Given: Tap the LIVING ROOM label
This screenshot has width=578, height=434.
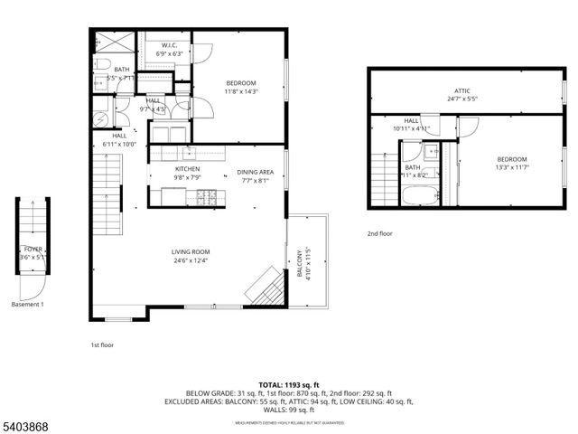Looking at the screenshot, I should coord(191,252).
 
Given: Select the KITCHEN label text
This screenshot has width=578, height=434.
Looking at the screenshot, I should coord(187,169).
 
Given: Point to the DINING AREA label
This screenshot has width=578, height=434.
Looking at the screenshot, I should coord(256,171).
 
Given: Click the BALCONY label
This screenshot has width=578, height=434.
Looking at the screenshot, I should coord(301,261).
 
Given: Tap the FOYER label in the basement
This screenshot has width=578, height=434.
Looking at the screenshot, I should coord(33,249).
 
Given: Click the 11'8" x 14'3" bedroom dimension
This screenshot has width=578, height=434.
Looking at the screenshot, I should coord(240,91).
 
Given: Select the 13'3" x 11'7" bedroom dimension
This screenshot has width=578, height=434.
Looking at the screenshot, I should coord(510,166).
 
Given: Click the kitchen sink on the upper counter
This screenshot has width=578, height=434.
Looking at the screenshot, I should coord(189,151).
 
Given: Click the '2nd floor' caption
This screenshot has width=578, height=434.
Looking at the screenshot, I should coord(379,233).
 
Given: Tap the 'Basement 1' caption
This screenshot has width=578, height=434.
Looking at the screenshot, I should coord(27,305).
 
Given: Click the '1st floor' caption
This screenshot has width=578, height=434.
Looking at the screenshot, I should coord(101,344).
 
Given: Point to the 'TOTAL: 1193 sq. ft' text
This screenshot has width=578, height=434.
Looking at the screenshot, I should coord(289,384).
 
